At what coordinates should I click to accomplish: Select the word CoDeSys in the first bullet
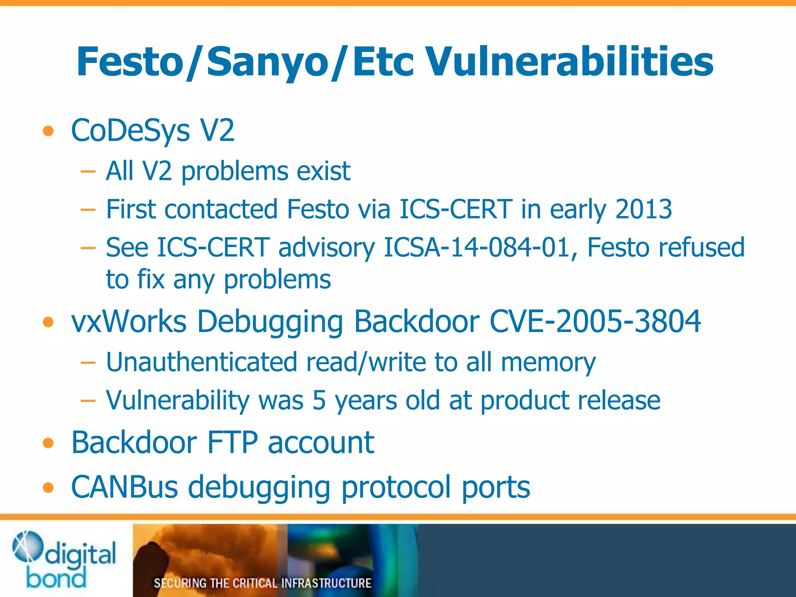coord(131,131)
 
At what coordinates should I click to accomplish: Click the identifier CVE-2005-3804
coord(595,322)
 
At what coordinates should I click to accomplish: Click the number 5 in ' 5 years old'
coord(319,400)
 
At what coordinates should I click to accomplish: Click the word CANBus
coord(124,487)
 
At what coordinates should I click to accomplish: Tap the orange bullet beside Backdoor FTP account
coord(48,443)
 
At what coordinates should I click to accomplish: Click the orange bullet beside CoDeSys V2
coord(48,131)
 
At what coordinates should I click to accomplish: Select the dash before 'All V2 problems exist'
coord(88,171)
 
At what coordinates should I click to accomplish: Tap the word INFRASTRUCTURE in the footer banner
coord(326,583)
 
